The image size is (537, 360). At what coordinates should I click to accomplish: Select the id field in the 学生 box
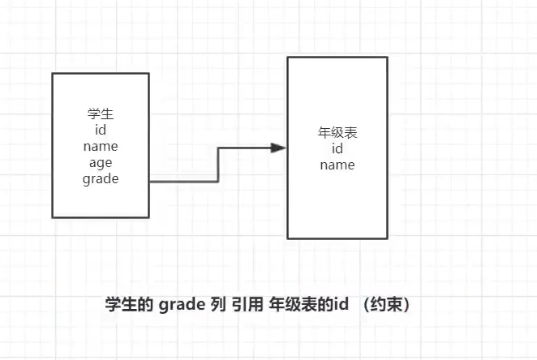coord(101,130)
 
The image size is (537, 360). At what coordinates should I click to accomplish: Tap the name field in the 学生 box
coord(101,147)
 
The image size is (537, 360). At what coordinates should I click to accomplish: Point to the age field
coord(101,163)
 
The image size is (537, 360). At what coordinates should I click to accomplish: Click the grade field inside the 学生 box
coord(101,179)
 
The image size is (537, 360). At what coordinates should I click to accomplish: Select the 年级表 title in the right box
coord(337,132)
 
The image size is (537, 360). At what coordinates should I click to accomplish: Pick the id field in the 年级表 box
coord(337,148)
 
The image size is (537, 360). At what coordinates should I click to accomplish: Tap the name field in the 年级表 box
coord(337,165)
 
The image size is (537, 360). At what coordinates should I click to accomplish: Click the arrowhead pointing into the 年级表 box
coord(278,148)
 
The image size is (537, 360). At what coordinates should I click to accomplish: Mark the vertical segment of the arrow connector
coord(219,165)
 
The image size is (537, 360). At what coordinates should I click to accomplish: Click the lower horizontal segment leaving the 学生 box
coord(184,182)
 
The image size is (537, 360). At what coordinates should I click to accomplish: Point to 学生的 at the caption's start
coord(130,305)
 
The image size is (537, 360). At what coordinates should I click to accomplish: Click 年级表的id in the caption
coord(313,305)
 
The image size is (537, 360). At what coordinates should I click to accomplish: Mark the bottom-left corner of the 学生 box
coord(53,217)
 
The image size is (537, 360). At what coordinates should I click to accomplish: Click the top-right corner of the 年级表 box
coord(386,57)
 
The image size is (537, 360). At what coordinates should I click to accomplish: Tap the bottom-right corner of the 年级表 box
coord(386,238)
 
